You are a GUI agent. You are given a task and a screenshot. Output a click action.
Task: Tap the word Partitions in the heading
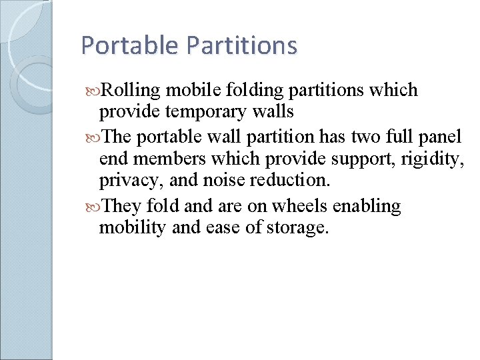tap(242, 45)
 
